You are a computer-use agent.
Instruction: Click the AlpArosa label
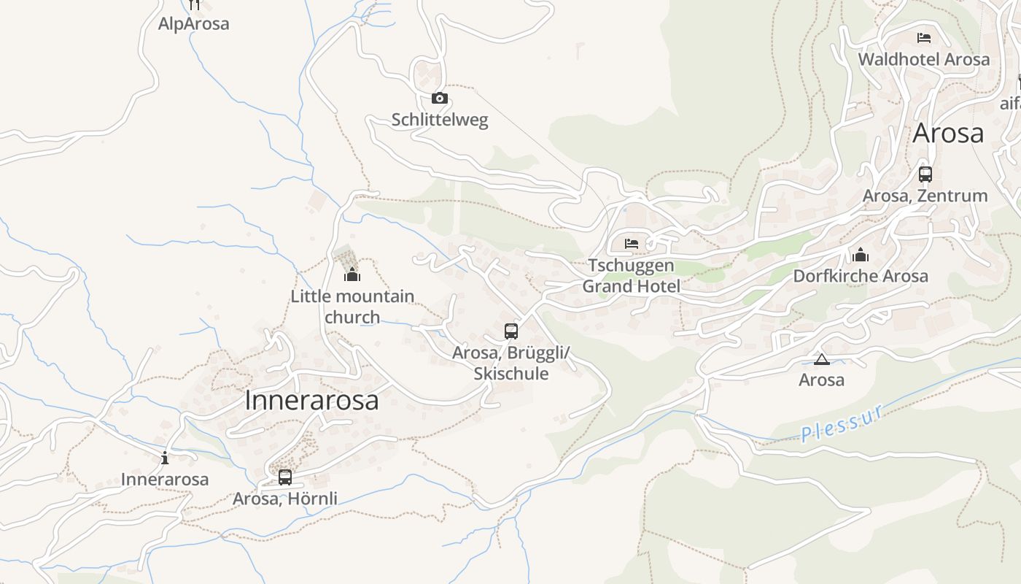(193, 23)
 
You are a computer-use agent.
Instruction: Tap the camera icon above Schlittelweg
(440, 99)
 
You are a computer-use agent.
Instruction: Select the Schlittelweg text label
(440, 120)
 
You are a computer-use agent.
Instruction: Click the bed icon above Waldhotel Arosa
(924, 37)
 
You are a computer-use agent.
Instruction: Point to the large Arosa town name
(948, 134)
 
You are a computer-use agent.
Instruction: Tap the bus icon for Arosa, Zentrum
(925, 174)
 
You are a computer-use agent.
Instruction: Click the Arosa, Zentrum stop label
(925, 196)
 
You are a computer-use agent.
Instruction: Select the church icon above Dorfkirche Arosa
(861, 255)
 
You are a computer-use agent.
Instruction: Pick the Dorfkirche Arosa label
(861, 276)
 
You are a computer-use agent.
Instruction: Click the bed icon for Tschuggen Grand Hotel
(632, 243)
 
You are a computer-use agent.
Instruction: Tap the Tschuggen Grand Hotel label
(632, 276)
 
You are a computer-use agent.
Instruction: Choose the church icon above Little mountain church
(352, 274)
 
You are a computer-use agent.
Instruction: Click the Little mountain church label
(352, 307)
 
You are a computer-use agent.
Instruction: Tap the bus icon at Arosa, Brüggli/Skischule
(511, 331)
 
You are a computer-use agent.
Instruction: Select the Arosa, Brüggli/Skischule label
(511, 364)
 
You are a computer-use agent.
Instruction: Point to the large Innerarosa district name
(312, 400)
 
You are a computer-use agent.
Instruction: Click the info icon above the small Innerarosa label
(165, 458)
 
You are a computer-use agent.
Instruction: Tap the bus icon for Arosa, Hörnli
(285, 477)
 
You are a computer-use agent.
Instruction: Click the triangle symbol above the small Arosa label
(822, 359)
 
